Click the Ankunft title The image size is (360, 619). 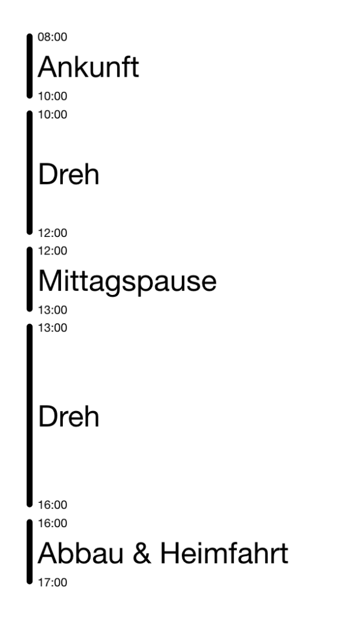click(88, 66)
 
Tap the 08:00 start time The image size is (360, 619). click(53, 37)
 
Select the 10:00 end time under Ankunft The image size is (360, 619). click(53, 96)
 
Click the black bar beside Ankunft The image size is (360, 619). click(30, 66)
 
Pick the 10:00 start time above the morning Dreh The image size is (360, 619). click(53, 114)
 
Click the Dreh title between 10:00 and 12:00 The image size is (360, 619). click(69, 174)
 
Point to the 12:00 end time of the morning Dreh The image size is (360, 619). click(53, 233)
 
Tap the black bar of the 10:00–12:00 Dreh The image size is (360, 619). click(30, 172)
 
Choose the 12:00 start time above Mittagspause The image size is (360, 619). click(53, 251)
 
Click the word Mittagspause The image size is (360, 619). click(127, 282)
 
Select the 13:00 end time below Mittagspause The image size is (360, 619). click(53, 310)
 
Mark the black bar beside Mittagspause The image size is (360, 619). click(30, 279)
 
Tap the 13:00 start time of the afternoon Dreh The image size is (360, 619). click(53, 328)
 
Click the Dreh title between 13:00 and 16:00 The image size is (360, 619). click(69, 416)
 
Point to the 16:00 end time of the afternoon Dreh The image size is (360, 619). click(53, 505)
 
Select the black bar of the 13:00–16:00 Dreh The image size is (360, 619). click(30, 415)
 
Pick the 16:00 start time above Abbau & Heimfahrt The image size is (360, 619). click(53, 523)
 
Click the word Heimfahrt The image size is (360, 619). click(224, 553)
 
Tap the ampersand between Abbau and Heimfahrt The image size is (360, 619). click(142, 553)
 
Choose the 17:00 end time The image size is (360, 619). click(53, 582)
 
